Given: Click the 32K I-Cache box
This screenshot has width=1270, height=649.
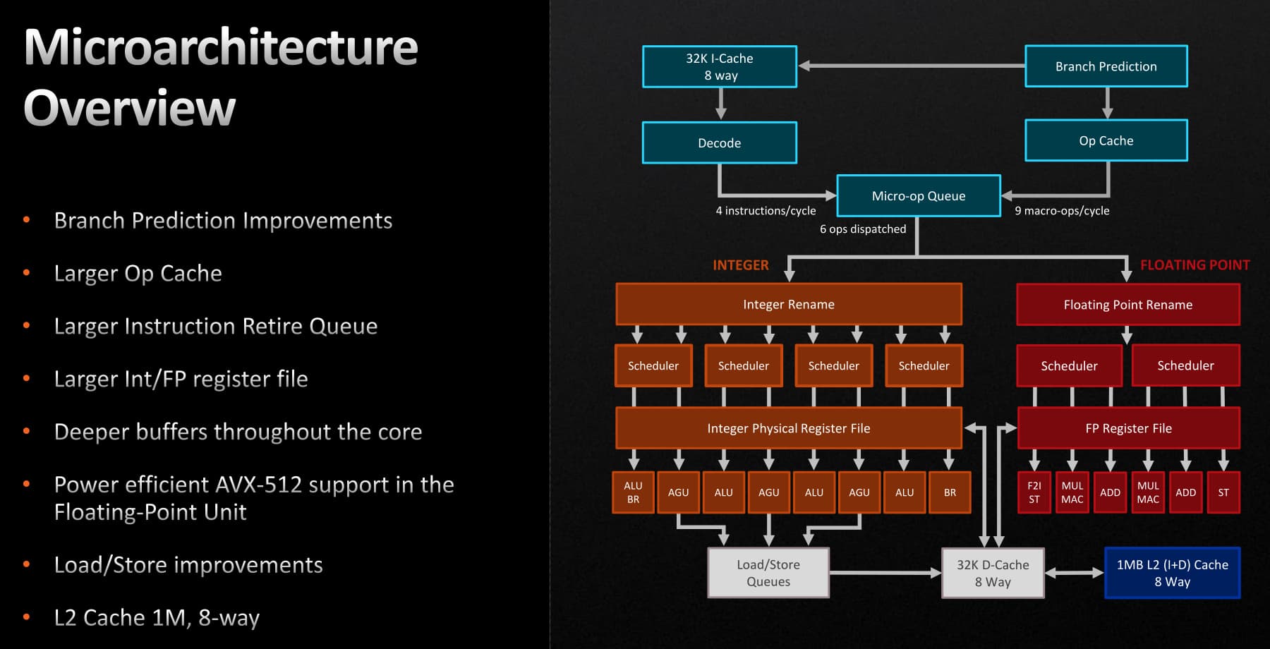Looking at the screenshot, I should pyautogui.click(x=720, y=67).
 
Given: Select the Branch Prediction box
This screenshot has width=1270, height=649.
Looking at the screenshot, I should pyautogui.click(x=1106, y=66).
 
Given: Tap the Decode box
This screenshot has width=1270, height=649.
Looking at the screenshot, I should pyautogui.click(x=720, y=142).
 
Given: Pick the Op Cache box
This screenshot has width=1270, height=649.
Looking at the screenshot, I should pyautogui.click(x=1106, y=140).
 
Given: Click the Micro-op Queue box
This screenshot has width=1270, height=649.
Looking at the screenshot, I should pyautogui.click(x=918, y=195).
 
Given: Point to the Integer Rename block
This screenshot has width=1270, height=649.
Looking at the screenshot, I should pyautogui.click(x=788, y=304).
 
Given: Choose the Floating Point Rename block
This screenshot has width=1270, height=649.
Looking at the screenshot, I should pyautogui.click(x=1127, y=305).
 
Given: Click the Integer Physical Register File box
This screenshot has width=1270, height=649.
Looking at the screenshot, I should pyautogui.click(x=788, y=428).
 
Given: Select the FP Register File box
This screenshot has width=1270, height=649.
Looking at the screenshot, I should pyautogui.click(x=1128, y=428).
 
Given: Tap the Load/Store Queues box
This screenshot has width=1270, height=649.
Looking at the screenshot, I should pyautogui.click(x=768, y=573).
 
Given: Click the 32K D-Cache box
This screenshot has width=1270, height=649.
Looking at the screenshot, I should pyautogui.click(x=993, y=573).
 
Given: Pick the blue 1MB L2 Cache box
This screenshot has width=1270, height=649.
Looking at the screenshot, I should pyautogui.click(x=1172, y=573).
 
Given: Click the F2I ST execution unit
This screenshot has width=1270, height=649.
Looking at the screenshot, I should pyautogui.click(x=1034, y=492).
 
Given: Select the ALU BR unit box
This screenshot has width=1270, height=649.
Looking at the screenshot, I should pyautogui.click(x=633, y=492).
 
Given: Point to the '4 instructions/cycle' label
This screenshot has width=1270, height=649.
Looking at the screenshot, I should pyautogui.click(x=766, y=211).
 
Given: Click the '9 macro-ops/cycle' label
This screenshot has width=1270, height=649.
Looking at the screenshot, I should pyautogui.click(x=1062, y=211).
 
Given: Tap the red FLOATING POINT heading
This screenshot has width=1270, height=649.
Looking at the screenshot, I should pyautogui.click(x=1195, y=265).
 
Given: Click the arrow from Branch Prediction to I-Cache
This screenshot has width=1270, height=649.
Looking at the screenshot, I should pyautogui.click(x=910, y=66).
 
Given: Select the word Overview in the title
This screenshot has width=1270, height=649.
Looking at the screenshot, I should pyautogui.click(x=130, y=108).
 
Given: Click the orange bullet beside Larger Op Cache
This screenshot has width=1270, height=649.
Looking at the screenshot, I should pyautogui.click(x=27, y=272).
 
